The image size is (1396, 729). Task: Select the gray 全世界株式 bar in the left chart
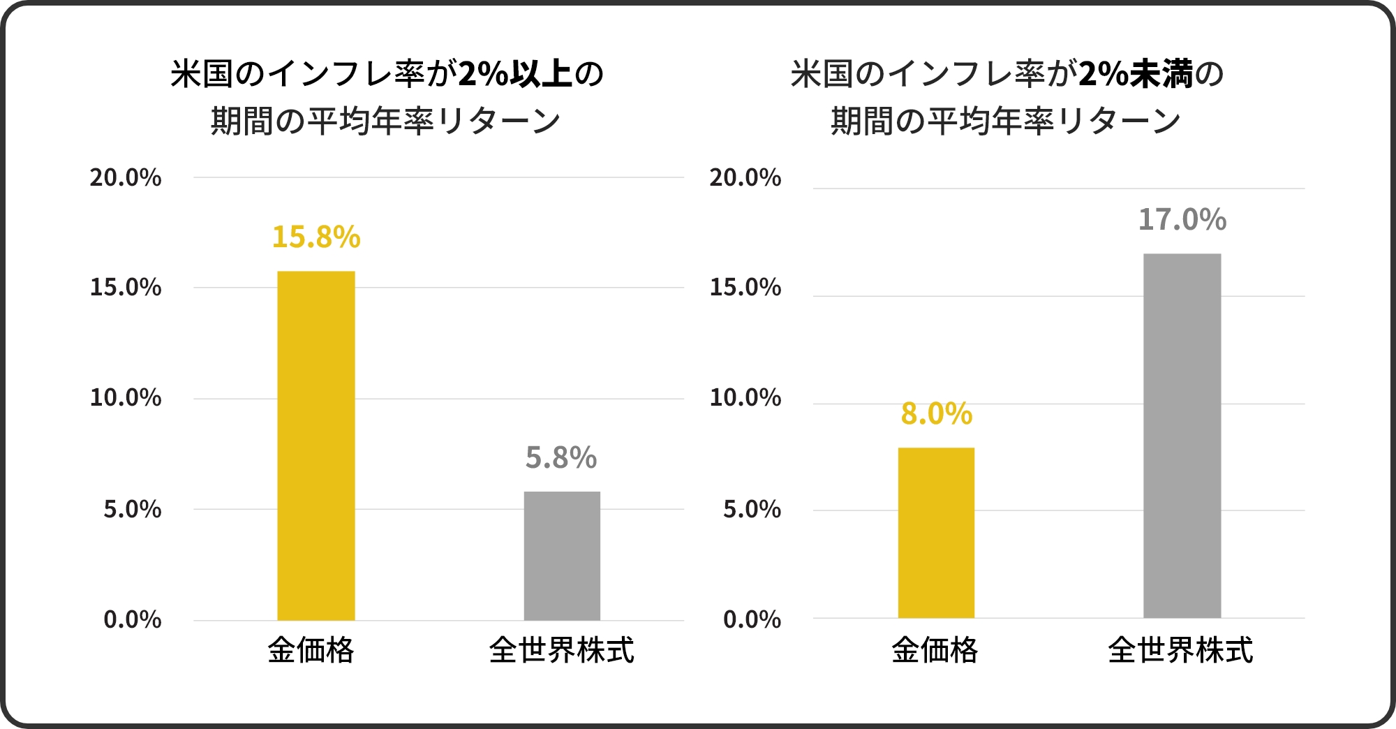click(x=562, y=556)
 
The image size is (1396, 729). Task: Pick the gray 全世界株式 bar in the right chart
click(x=1182, y=436)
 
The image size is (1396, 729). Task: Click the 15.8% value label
click(x=316, y=237)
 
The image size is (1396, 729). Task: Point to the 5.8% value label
click(x=561, y=459)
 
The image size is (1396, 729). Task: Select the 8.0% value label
click(x=936, y=414)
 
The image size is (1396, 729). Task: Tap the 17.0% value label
click(x=1182, y=221)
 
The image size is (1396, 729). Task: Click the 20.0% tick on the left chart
click(x=126, y=178)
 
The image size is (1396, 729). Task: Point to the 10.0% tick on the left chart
click(x=126, y=399)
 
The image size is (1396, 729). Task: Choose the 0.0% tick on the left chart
click(x=133, y=620)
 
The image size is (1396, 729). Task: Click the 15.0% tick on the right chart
click(x=745, y=288)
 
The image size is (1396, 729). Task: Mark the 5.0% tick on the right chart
click(x=752, y=510)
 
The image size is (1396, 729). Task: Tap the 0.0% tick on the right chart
click(x=752, y=620)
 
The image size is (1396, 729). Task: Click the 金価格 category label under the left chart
click(x=311, y=651)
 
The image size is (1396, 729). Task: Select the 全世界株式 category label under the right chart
click(x=1180, y=651)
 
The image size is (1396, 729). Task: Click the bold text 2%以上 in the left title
click(x=515, y=74)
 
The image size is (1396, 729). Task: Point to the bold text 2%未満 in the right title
click(x=1136, y=74)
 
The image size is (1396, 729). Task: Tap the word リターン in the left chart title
click(x=500, y=121)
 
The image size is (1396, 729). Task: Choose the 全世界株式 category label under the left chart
click(x=562, y=651)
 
